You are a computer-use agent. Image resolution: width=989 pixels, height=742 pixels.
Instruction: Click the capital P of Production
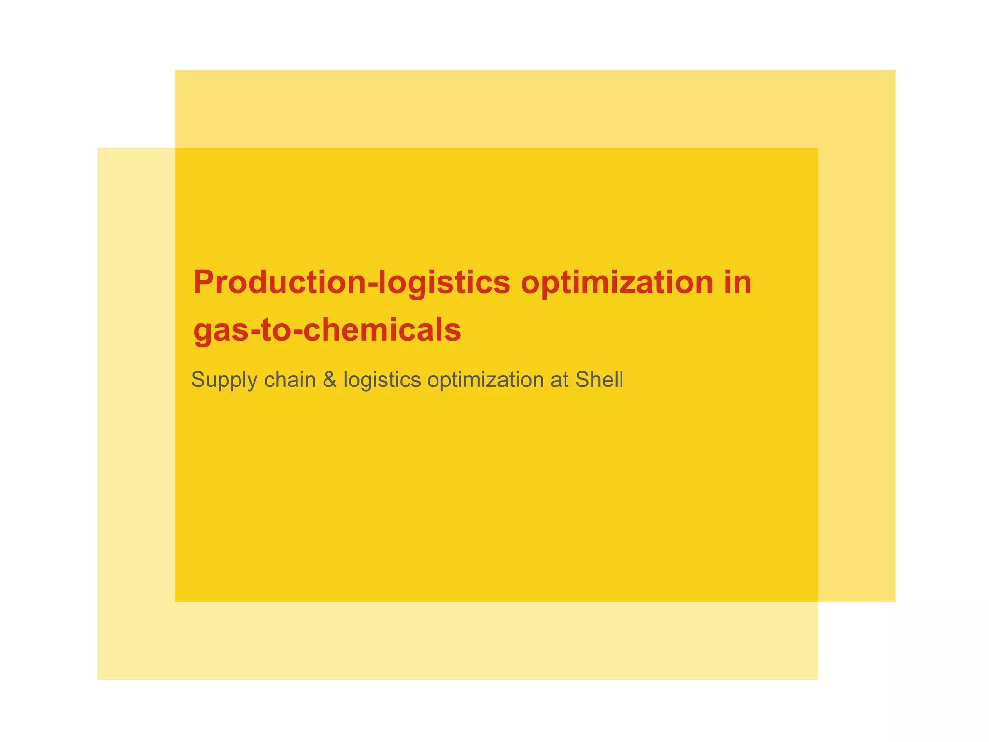203,282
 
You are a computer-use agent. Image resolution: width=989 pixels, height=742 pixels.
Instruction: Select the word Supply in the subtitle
224,380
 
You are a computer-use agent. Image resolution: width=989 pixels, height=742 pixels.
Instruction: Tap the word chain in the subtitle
289,380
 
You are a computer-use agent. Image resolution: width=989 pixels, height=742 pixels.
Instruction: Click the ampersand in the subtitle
329,380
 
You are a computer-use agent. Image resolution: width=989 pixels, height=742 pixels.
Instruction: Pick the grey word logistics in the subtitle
382,380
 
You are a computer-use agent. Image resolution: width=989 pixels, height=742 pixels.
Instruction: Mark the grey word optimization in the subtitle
485,380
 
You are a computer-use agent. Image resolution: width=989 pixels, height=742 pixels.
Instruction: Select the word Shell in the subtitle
599,380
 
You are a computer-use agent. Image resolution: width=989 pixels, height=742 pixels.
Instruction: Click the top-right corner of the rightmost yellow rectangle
895,71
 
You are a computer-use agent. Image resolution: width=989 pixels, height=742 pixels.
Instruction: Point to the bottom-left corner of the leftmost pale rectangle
98,679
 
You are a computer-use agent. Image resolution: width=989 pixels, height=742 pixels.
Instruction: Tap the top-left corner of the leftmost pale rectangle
98,148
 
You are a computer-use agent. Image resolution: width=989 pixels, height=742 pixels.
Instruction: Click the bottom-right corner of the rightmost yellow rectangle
895,601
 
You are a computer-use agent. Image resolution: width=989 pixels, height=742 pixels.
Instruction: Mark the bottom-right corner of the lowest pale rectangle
817,679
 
